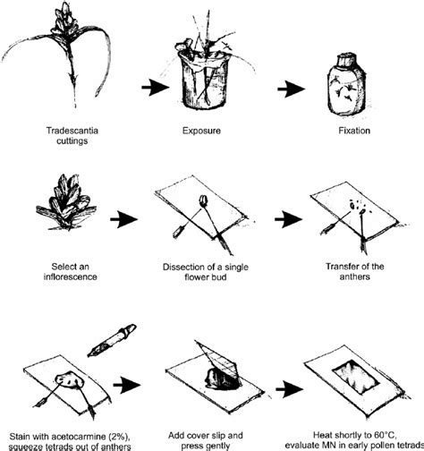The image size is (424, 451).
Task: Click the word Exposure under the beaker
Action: pyautogui.click(x=201, y=131)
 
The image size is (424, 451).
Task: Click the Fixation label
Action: pyautogui.click(x=354, y=131)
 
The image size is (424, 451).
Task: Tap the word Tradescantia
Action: pyautogui.click(x=72, y=131)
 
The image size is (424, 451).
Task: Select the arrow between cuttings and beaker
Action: pyautogui.click(x=156, y=88)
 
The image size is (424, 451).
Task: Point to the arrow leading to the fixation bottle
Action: pyautogui.click(x=292, y=89)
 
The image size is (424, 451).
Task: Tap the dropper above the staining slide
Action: pyautogui.click(x=112, y=340)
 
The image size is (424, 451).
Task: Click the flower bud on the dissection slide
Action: pyautogui.click(x=203, y=200)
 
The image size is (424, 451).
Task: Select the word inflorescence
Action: pyautogui.click(x=71, y=277)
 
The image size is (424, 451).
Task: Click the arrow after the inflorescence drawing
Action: pyautogui.click(x=123, y=219)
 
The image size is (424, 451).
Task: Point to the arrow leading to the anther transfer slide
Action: pyautogui.click(x=289, y=219)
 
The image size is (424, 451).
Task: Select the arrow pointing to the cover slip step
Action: pyautogui.click(x=127, y=385)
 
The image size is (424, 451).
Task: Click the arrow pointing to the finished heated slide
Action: pyautogui.click(x=290, y=389)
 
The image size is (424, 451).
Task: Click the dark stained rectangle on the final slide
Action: pyautogui.click(x=355, y=377)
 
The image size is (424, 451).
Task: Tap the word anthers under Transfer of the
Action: pyautogui.click(x=355, y=277)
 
